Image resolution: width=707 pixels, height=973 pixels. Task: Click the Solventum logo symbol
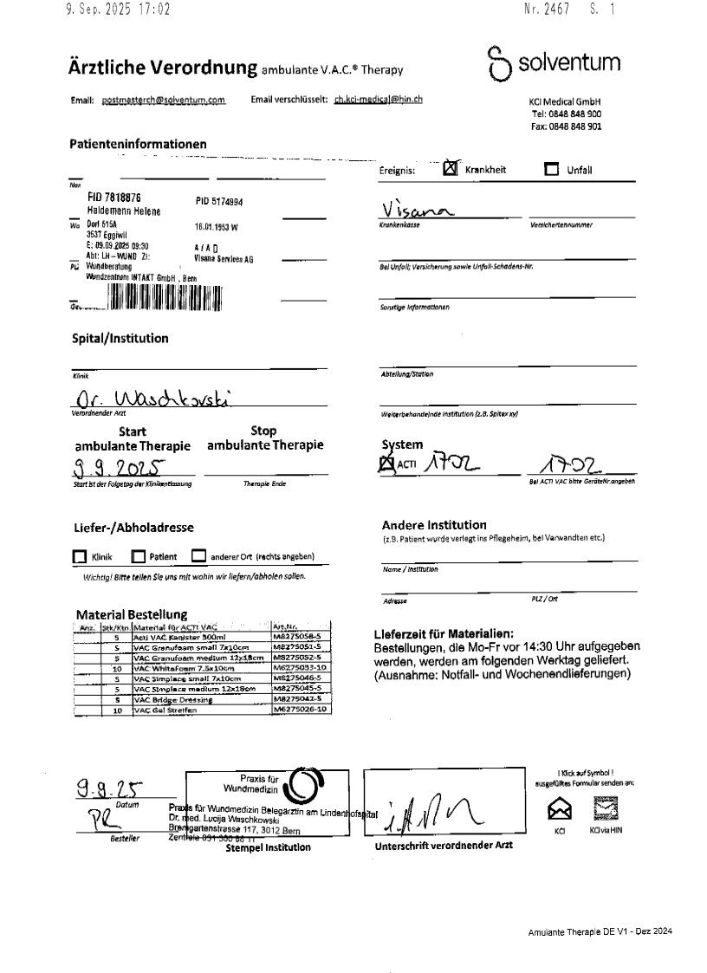[497, 63]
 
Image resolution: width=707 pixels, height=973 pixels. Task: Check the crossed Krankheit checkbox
[450, 169]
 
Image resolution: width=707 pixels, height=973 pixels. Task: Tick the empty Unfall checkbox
[552, 170]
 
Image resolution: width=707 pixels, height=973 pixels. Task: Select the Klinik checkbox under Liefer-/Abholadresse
[80, 557]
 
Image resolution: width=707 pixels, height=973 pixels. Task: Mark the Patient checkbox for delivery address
[138, 557]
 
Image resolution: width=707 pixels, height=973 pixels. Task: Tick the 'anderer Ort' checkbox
[198, 556]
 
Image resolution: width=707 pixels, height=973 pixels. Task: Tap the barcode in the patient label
[165, 297]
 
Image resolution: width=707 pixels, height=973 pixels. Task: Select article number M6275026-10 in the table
[300, 710]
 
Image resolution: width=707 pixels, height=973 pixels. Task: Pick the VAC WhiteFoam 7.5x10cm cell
[200, 668]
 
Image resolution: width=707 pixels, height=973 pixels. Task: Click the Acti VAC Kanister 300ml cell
[200, 637]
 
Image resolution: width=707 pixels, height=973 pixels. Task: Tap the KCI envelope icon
[560, 809]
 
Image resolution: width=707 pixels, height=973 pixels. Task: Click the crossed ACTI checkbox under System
[386, 464]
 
